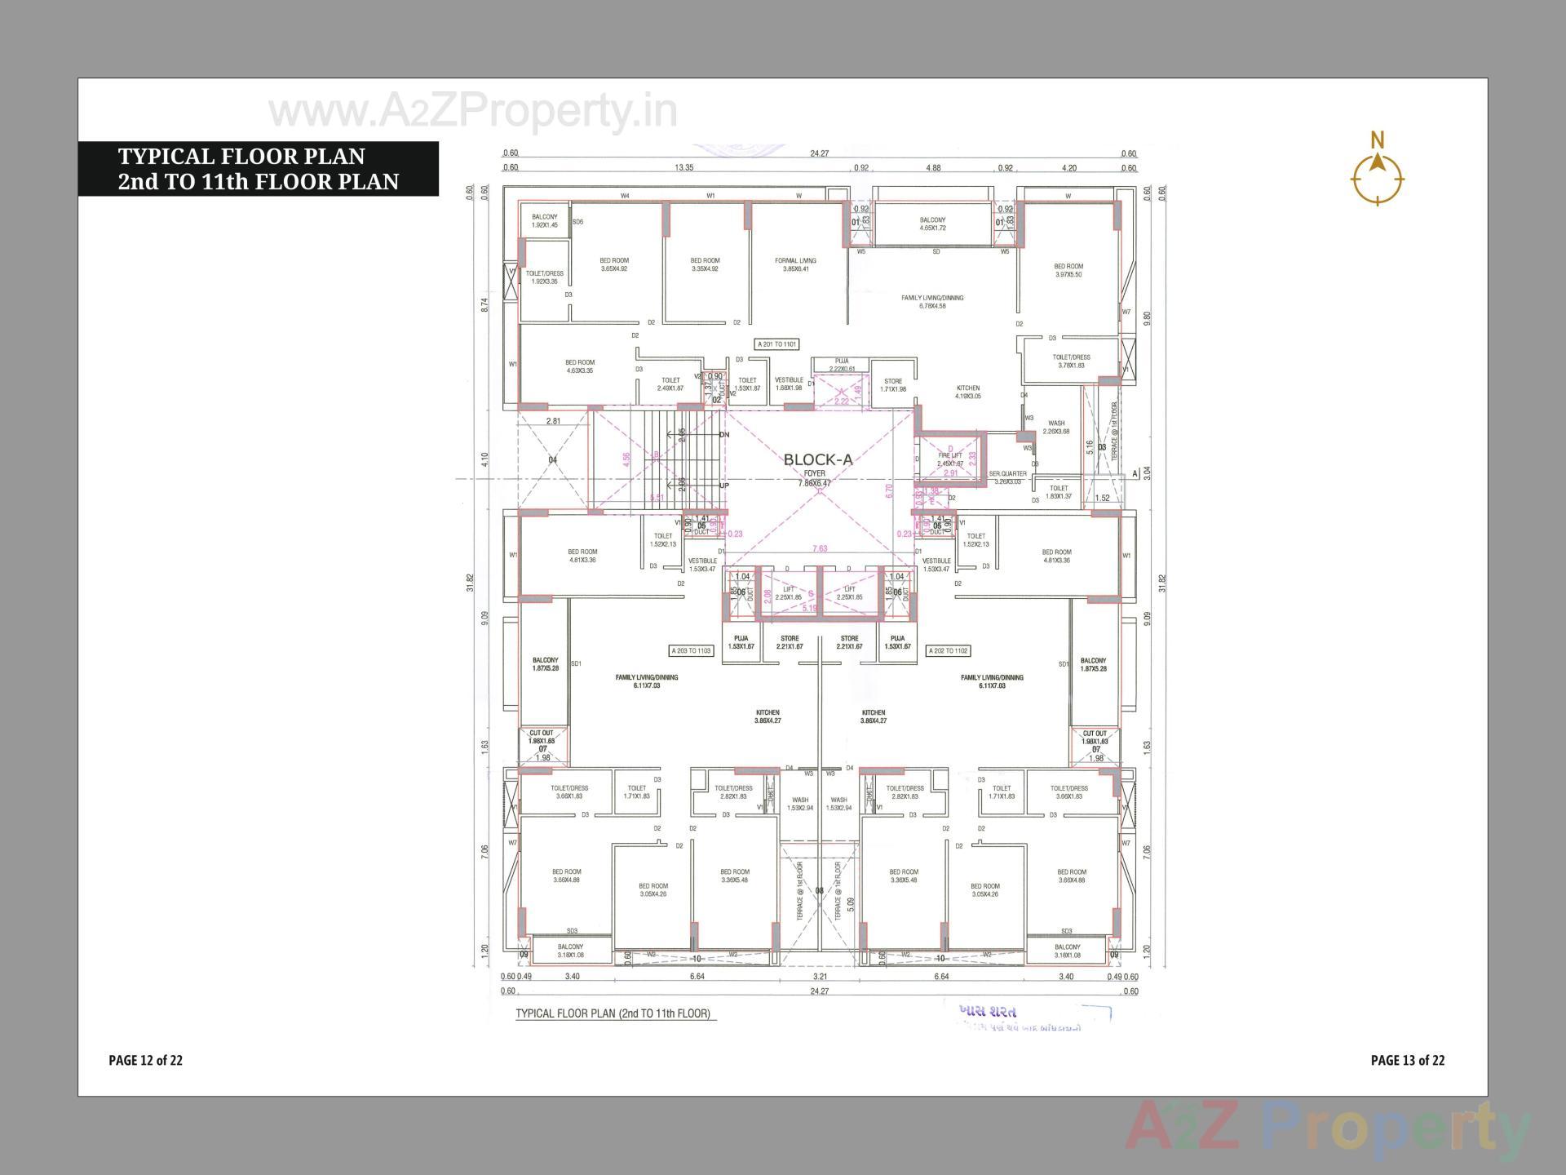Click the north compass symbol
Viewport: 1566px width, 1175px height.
pos(1378,176)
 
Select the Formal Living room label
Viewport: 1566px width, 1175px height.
pos(795,264)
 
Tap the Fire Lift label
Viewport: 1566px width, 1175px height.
pos(950,459)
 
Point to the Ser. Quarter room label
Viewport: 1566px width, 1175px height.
pos(1007,477)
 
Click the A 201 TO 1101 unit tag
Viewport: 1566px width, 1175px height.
pos(776,344)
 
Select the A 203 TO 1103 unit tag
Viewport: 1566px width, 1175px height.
pos(691,651)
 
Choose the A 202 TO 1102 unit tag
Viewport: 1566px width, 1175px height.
pos(949,651)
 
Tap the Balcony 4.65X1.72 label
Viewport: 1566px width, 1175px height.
pos(932,224)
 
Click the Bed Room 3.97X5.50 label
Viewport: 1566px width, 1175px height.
pos(1068,270)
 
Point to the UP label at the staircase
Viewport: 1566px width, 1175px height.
pos(723,486)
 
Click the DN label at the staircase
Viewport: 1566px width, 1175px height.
pos(723,435)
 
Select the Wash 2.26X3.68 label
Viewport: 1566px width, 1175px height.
pos(1056,428)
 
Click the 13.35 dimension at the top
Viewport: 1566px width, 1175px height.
pos(683,168)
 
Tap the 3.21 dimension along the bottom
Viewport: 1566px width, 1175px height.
pos(821,976)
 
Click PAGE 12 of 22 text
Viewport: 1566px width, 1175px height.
pos(145,1060)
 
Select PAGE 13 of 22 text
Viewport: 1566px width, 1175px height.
pos(1407,1060)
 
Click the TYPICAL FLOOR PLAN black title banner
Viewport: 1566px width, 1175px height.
pos(258,169)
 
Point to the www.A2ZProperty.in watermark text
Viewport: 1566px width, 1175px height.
pos(473,112)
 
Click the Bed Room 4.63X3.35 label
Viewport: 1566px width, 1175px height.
pos(580,366)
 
